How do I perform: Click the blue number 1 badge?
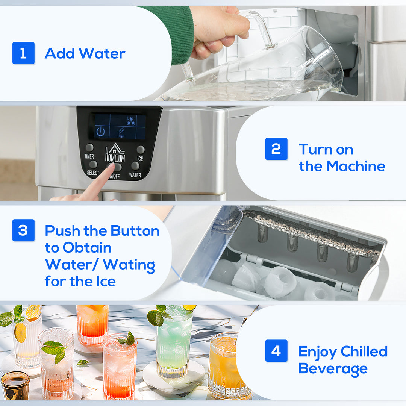click(x=23, y=53)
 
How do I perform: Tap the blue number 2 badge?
click(x=276, y=149)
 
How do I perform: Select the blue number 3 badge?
click(x=23, y=230)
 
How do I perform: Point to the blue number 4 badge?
click(x=276, y=351)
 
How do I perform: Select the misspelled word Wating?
click(x=129, y=265)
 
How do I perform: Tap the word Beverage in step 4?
click(x=333, y=368)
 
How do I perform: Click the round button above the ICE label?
click(x=141, y=150)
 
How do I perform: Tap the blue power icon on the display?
click(x=100, y=132)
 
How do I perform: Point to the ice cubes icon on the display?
click(x=130, y=120)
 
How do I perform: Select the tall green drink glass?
click(x=173, y=342)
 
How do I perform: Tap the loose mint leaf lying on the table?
click(x=82, y=362)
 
